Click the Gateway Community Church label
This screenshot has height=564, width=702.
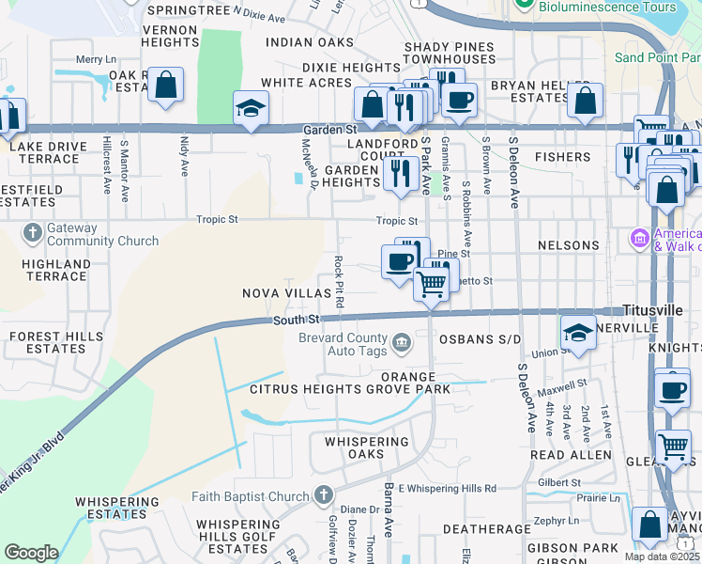(102, 234)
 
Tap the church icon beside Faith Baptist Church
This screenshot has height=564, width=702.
(324, 494)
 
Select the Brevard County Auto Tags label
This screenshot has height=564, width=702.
(343, 344)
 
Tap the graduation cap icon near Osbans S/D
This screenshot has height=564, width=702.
(577, 331)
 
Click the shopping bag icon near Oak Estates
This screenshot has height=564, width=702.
(166, 85)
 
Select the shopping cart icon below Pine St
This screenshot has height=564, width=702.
(431, 282)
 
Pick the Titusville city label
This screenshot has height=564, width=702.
(654, 310)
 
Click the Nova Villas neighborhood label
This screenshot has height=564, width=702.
(287, 293)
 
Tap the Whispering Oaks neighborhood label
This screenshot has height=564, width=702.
(367, 447)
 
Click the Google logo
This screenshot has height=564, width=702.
(31, 553)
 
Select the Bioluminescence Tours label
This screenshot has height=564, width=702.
(608, 7)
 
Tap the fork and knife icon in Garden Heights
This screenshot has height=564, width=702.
(401, 173)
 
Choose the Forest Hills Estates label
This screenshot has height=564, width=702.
(47, 342)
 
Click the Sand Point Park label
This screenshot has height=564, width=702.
(657, 57)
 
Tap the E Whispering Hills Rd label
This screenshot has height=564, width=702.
(447, 488)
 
